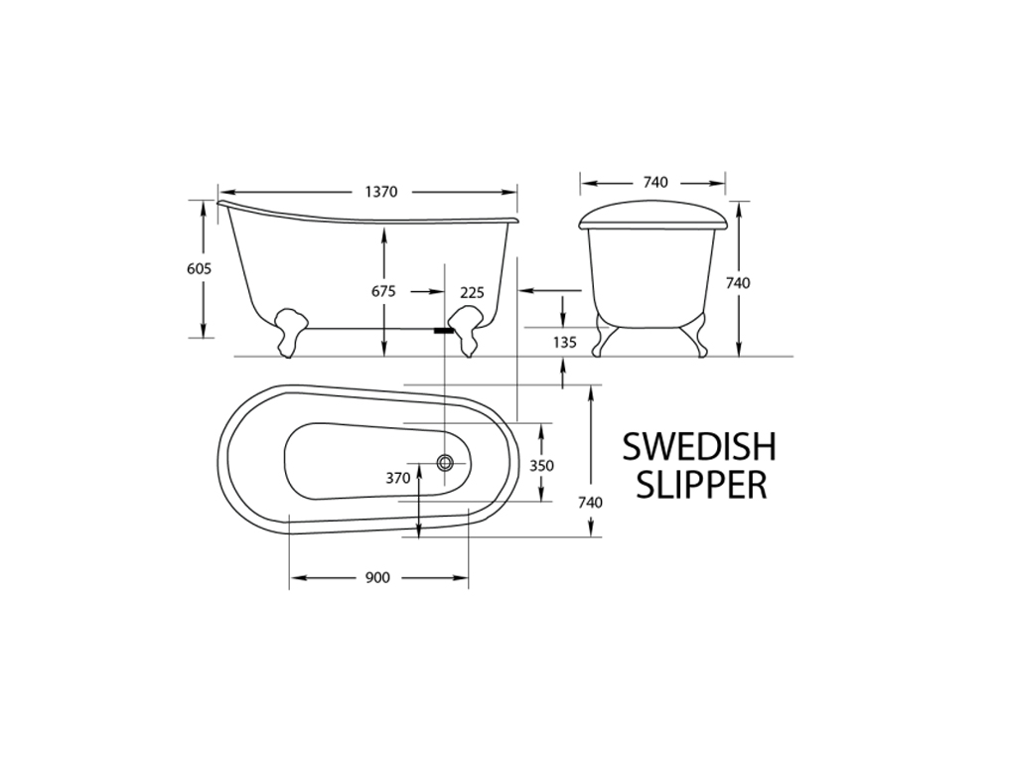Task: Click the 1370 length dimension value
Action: (x=380, y=192)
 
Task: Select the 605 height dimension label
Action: (x=199, y=268)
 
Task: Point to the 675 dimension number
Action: (x=383, y=292)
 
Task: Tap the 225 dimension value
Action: (x=472, y=292)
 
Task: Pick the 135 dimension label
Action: (x=564, y=343)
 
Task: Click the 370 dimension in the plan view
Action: (x=397, y=478)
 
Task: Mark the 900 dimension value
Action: (x=377, y=578)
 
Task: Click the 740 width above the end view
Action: (x=655, y=182)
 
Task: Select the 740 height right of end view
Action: (x=738, y=283)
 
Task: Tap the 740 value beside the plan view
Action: (x=590, y=503)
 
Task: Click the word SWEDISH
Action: (x=699, y=447)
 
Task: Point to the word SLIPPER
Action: (x=701, y=485)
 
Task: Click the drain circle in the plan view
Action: (x=446, y=462)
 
